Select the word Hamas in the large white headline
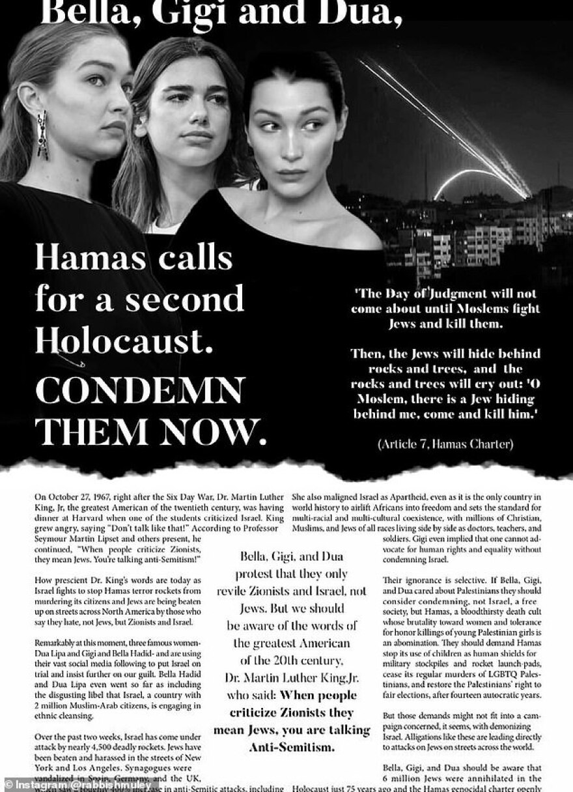[x=85, y=259]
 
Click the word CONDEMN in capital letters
[x=140, y=391]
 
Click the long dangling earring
[x=42, y=134]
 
